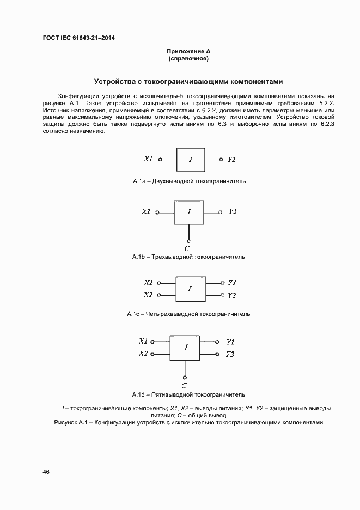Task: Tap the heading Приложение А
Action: coord(188,51)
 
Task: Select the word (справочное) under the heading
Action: coord(188,58)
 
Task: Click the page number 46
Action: coord(46,472)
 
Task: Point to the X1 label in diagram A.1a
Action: coord(148,160)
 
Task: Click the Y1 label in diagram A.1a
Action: coord(231,160)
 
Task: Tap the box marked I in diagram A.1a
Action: coord(191,160)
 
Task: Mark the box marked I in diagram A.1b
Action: coord(189,212)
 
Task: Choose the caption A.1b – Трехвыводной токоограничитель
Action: coord(188,257)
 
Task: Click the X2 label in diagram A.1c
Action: coord(148,295)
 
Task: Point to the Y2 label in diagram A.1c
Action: coord(231,295)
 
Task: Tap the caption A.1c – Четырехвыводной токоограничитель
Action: coord(188,314)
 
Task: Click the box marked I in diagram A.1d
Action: coord(186,347)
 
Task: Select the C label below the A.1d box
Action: coord(185,385)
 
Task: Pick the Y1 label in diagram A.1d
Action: coord(230,342)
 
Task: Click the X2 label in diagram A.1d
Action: coord(143,354)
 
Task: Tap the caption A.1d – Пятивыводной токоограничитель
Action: coord(188,394)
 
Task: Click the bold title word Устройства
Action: coord(114,82)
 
